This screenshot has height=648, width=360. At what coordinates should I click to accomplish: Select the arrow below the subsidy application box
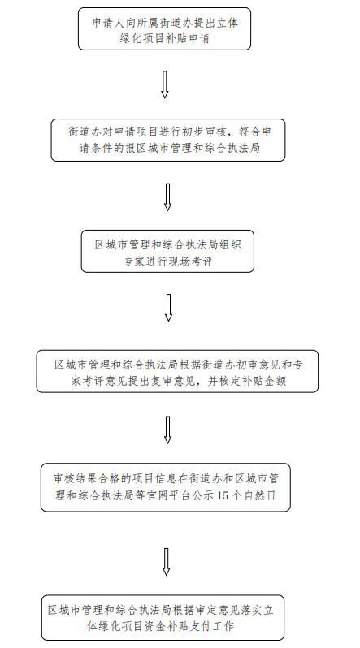165,84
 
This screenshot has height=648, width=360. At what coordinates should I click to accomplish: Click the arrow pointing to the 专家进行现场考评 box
167,197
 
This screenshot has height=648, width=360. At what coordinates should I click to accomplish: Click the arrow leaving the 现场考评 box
168,308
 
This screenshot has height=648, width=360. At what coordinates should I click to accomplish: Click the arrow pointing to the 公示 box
167,430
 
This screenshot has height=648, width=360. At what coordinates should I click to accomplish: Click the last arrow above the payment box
166,562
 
